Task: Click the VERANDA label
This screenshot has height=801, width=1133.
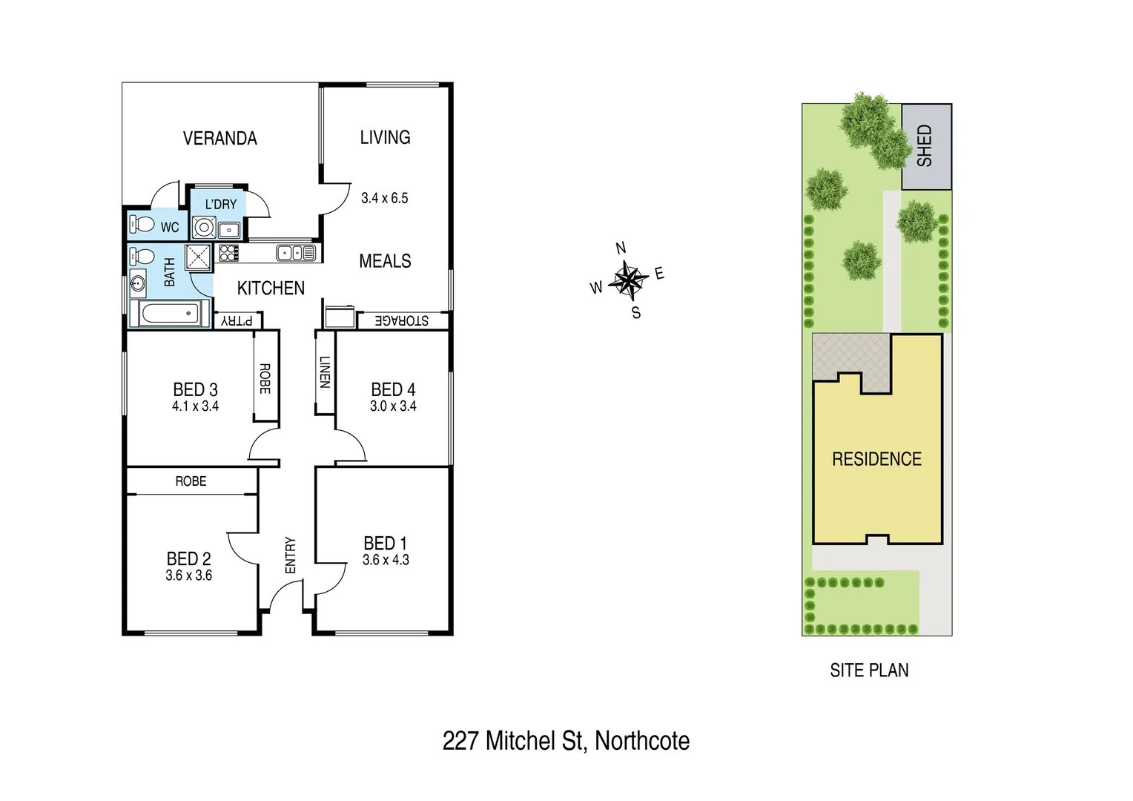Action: [x=219, y=139]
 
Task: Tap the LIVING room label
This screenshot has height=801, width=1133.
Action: [x=385, y=137]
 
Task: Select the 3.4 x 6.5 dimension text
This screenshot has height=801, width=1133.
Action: [x=384, y=198]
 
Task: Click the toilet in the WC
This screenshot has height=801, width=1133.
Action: [x=142, y=224]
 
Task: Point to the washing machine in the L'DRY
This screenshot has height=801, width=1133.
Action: [x=204, y=227]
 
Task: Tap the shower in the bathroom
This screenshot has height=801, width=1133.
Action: [x=199, y=257]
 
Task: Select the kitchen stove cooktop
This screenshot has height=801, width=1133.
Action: [x=229, y=253]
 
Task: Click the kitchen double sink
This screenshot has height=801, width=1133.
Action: [x=296, y=253]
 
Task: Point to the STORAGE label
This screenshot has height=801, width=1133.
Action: [x=401, y=320]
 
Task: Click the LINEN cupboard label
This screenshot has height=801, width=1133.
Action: [x=324, y=372]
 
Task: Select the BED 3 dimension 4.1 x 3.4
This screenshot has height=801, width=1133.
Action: [x=195, y=406]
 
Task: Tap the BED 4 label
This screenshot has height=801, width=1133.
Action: [x=393, y=389]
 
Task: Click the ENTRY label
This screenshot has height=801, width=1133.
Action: [x=290, y=555]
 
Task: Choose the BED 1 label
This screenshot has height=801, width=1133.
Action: [x=385, y=544]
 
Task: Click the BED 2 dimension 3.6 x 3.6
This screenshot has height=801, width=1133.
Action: [x=188, y=576]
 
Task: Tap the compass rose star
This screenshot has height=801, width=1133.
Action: [x=628, y=280]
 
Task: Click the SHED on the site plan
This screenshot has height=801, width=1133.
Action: [x=925, y=146]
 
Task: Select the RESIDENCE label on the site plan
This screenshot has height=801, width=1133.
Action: [x=876, y=459]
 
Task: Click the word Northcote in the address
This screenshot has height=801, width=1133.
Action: [x=642, y=740]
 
